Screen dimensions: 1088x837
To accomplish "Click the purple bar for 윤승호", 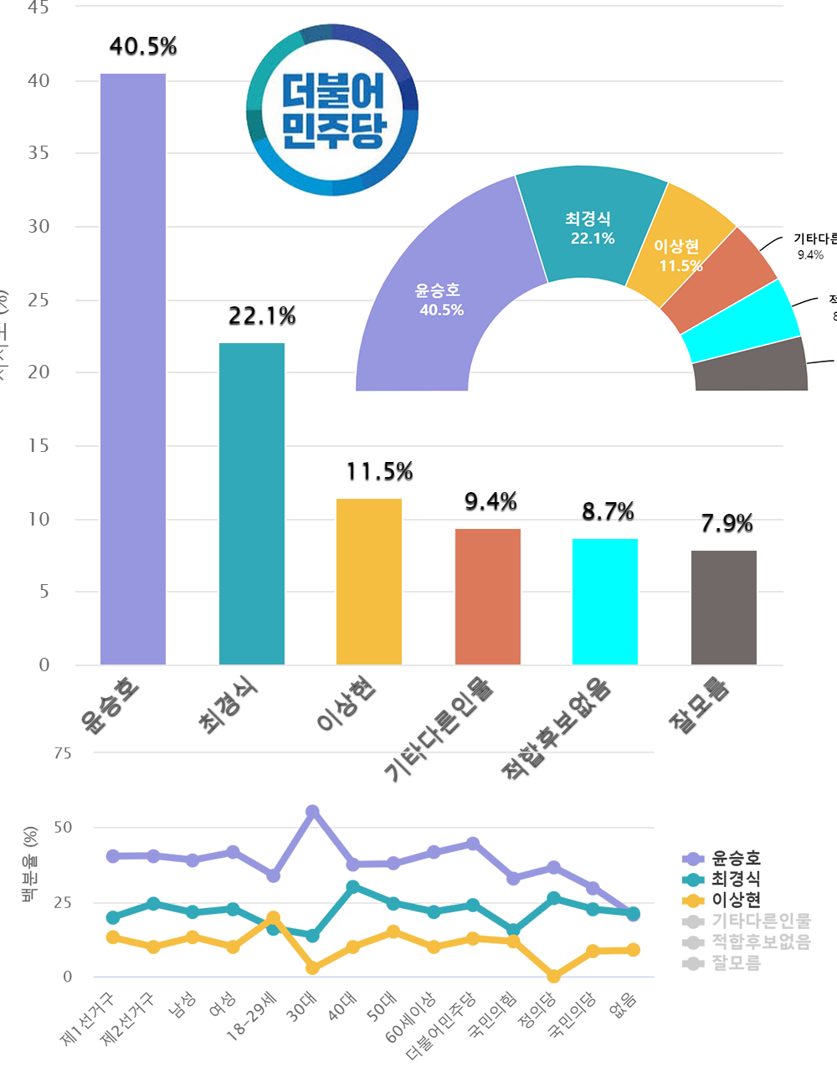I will tap(133, 368).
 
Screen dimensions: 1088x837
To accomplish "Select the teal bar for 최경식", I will tap(252, 502).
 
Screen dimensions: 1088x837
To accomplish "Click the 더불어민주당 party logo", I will tap(332, 110).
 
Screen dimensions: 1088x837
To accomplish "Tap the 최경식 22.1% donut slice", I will tap(590, 226).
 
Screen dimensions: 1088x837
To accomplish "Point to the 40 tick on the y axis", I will tap(39, 81).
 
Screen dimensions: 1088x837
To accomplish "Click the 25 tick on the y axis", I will tap(39, 300).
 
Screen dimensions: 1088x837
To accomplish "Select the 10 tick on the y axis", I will tap(39, 519).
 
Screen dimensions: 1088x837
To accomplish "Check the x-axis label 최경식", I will tap(228, 706).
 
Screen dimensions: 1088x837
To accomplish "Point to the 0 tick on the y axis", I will tap(44, 665).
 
